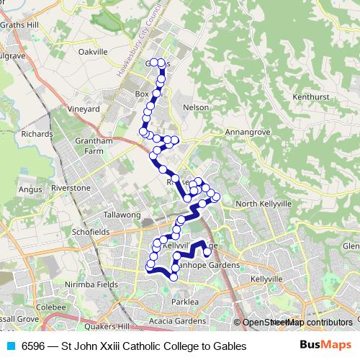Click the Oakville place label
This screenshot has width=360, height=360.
point(92,52)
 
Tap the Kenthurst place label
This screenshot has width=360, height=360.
point(310,96)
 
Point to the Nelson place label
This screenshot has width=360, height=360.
point(197,107)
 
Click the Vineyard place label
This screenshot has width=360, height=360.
point(83,109)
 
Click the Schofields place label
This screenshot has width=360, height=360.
point(90,233)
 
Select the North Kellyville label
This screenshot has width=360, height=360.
point(264,204)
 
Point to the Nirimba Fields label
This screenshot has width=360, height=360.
point(91,284)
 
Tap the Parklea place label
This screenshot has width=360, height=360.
point(185,301)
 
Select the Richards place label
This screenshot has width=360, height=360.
point(37,134)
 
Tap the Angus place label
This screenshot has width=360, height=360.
point(30,189)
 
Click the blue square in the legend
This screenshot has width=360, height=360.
point(10,346)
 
